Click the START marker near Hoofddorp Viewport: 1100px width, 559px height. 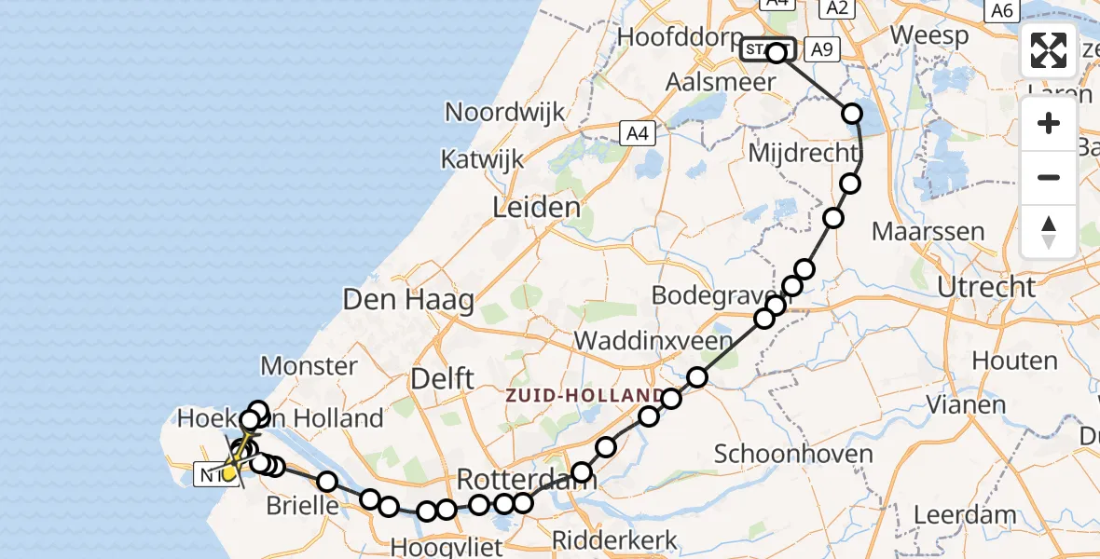click(x=768, y=49)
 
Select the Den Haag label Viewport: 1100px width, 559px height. click(x=408, y=300)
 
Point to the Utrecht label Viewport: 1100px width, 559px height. click(x=986, y=287)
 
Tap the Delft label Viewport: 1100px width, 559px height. click(x=444, y=379)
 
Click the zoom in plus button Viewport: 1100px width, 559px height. click(x=1049, y=124)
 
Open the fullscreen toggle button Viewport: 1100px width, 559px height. click(x=1049, y=50)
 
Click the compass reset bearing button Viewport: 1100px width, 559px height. click(x=1049, y=232)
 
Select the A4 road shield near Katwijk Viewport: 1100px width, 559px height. click(x=637, y=133)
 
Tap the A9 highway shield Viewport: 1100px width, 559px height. click(x=819, y=49)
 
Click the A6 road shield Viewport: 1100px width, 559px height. click(x=1001, y=10)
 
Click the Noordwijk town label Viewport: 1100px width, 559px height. click(x=504, y=112)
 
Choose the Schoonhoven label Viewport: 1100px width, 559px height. click(x=785, y=454)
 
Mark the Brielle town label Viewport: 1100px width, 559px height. click(x=302, y=506)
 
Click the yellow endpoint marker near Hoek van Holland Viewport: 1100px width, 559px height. click(x=229, y=473)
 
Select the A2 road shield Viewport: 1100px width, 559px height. click(x=834, y=8)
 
